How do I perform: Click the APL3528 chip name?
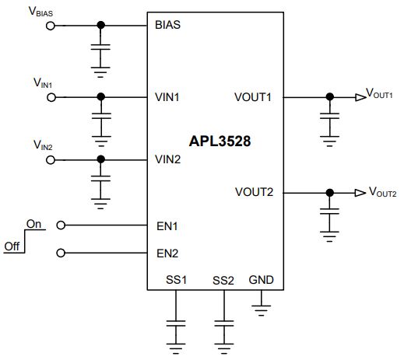(220, 142)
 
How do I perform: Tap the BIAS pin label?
(167, 25)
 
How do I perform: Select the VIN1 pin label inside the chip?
(167, 97)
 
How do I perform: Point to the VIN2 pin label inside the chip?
(167, 159)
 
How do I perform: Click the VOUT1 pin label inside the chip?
(253, 97)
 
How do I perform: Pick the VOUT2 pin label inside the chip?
(254, 192)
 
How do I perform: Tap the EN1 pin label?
(167, 226)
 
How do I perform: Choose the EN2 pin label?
(167, 253)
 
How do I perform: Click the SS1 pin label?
(176, 280)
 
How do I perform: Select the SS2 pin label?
(223, 281)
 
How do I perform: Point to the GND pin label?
(261, 280)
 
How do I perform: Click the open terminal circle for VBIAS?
(51, 26)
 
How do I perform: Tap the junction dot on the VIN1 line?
(101, 97)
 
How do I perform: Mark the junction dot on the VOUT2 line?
(330, 193)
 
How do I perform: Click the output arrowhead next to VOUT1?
(360, 97)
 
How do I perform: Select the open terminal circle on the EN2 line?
(61, 253)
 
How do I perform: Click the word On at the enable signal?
(33, 224)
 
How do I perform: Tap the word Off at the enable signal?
(12, 246)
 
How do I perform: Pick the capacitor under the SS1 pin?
(176, 323)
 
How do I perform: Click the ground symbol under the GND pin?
(261, 310)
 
